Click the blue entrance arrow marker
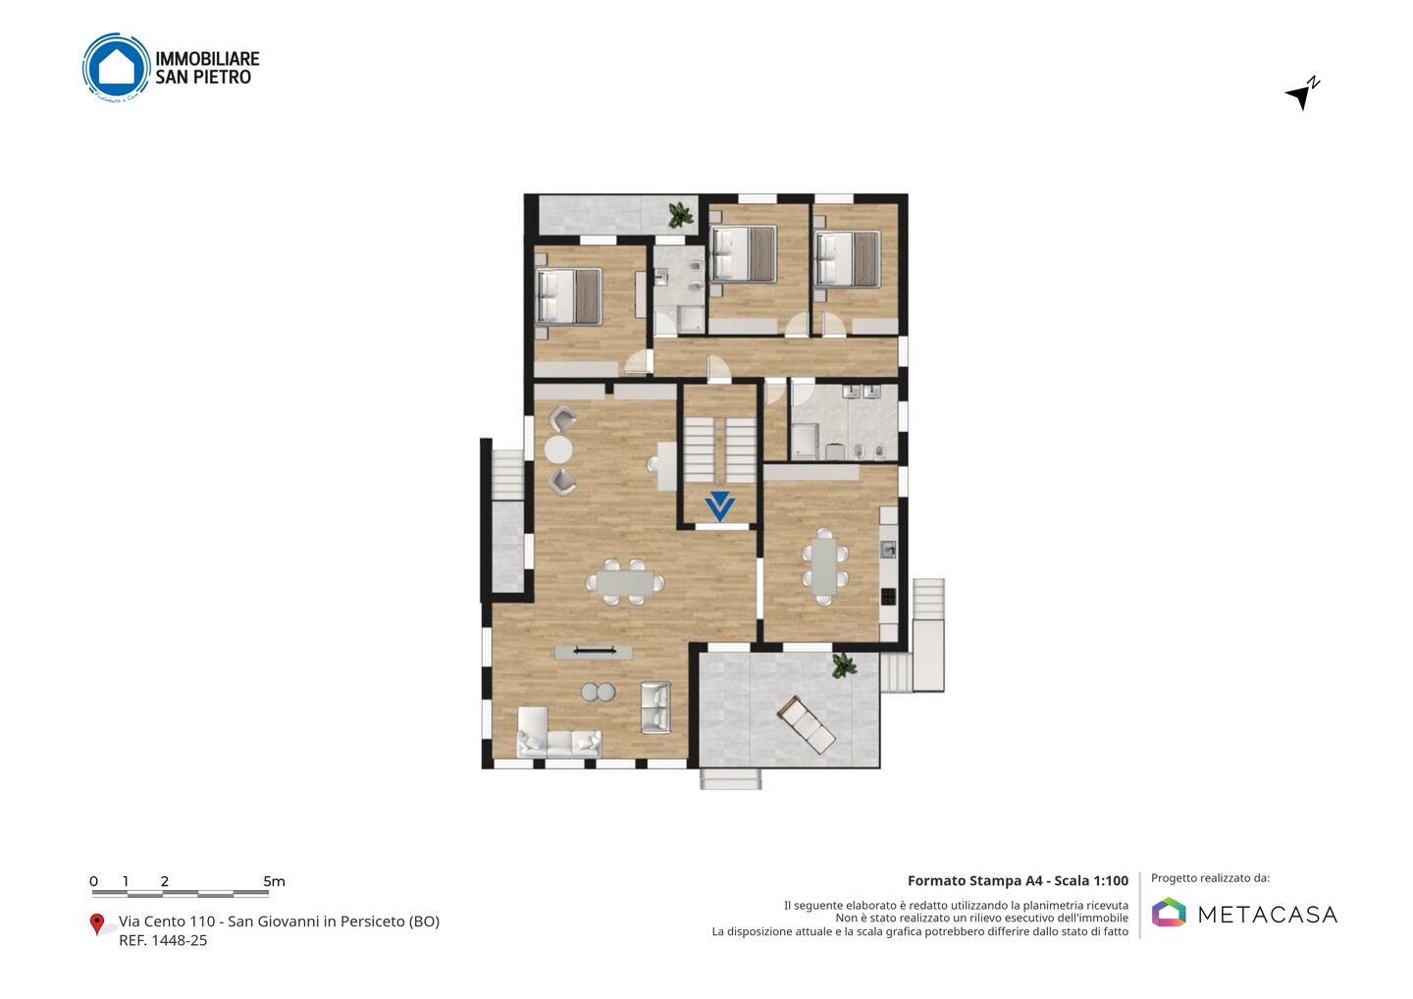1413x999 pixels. (719, 505)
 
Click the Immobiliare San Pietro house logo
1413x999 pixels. (116, 68)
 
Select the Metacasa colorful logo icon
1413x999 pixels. (1169, 912)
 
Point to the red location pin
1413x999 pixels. (96, 923)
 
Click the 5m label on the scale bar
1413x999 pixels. (274, 881)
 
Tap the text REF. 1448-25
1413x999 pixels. (163, 940)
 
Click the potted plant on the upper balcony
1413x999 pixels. (680, 215)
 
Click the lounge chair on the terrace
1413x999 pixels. (807, 725)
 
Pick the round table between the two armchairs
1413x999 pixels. (558, 450)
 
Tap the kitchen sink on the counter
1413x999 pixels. (888, 550)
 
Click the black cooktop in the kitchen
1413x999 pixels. (888, 596)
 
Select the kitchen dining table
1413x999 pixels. (824, 565)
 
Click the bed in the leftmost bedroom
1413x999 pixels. (568, 296)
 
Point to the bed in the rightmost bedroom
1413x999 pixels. (848, 260)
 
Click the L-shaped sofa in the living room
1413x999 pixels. (559, 733)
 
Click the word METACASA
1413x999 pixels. (1268, 916)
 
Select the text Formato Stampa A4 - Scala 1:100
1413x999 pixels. (1018, 881)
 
